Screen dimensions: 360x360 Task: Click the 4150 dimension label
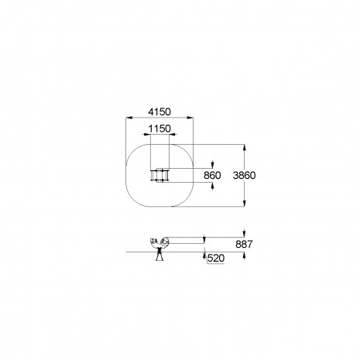pyautogui.click(x=159, y=112)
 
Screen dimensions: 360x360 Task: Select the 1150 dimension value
pyautogui.click(x=159, y=129)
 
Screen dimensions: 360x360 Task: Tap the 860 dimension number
pyautogui.click(x=212, y=176)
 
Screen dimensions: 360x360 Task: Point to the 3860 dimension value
pyautogui.click(x=244, y=176)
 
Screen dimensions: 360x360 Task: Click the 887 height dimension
pyautogui.click(x=244, y=244)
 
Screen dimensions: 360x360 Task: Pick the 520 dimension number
pyautogui.click(x=216, y=258)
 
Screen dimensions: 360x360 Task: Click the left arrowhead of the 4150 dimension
pyautogui.click(x=129, y=118)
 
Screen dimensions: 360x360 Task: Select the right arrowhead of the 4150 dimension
pyautogui.click(x=190, y=118)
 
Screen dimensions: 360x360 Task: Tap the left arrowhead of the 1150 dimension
pyautogui.click(x=147, y=134)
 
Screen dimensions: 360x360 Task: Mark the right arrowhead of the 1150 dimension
pyautogui.click(x=172, y=134)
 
